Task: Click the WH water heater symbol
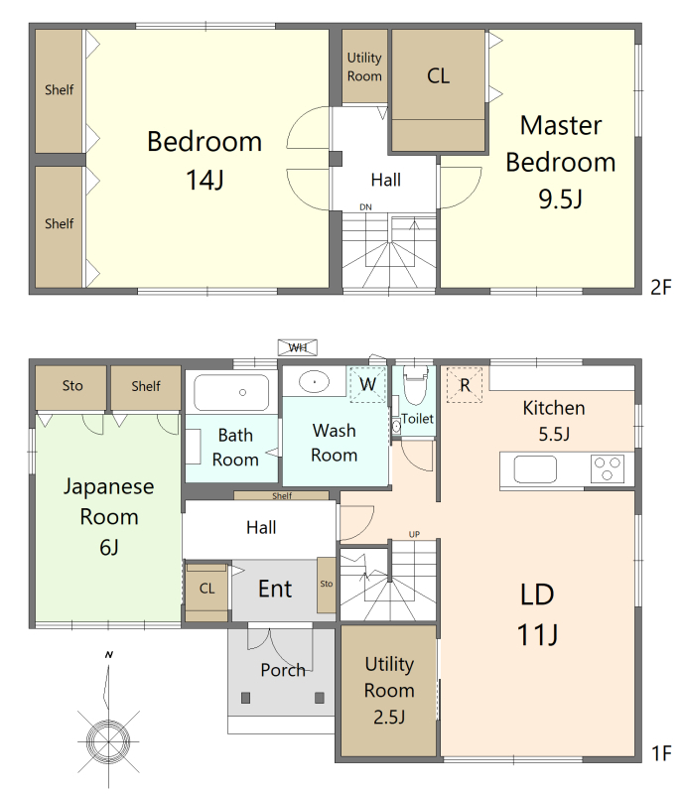click(x=298, y=347)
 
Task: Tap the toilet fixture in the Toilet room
click(x=416, y=385)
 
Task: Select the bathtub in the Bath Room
click(x=231, y=392)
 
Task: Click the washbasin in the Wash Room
click(x=315, y=382)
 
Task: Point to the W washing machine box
click(x=368, y=384)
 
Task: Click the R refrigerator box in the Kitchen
click(x=465, y=385)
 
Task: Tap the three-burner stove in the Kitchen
click(x=608, y=468)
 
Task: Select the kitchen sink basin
click(x=535, y=468)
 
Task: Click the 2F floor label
click(x=661, y=287)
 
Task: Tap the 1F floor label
click(x=662, y=753)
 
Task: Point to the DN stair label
click(x=365, y=207)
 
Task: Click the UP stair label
click(x=414, y=534)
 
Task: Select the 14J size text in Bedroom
click(x=205, y=180)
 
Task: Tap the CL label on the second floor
click(x=438, y=76)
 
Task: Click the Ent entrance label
click(x=275, y=589)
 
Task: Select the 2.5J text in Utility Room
click(x=389, y=717)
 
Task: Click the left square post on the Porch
click(x=246, y=698)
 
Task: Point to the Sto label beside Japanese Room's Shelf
click(x=72, y=386)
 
